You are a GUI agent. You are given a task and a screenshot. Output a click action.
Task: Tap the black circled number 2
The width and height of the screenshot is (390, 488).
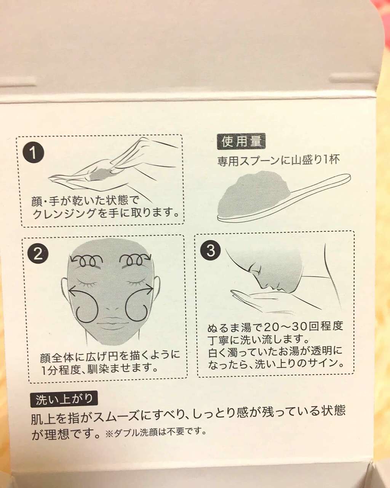38,254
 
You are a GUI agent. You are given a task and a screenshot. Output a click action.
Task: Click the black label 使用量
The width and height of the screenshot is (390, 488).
241,141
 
